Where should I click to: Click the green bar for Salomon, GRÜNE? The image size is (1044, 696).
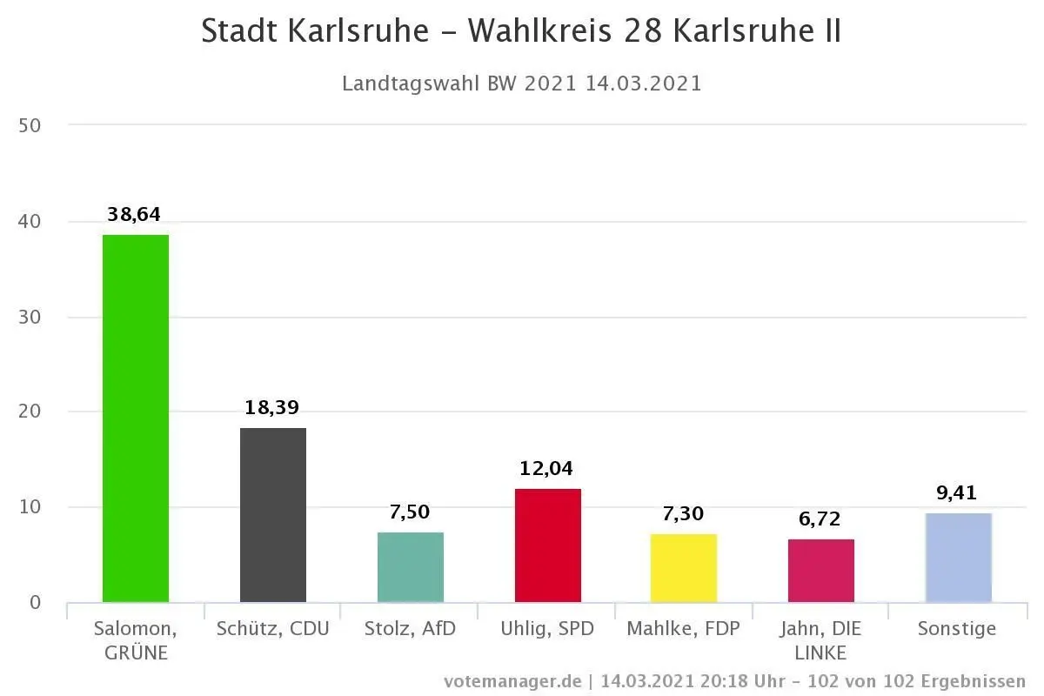coord(136,418)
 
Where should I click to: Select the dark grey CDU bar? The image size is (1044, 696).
coord(273,514)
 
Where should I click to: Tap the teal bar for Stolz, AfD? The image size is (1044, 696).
coord(411,566)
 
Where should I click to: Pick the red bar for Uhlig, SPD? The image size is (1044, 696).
coord(548,545)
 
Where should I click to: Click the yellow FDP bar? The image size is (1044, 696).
coord(684,567)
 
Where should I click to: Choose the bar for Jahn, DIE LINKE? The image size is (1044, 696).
coord(821,570)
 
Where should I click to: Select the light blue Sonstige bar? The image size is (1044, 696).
coord(959,557)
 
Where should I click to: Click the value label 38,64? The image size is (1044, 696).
coord(134,215)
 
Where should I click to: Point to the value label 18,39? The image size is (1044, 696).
coord(271,408)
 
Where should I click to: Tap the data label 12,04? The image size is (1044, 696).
coord(546,469)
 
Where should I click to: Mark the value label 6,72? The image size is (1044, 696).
coord(820,520)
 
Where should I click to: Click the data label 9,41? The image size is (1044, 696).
coord(957,493)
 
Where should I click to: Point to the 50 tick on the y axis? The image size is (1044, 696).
coord(30,125)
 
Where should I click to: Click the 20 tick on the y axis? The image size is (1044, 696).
coord(30,412)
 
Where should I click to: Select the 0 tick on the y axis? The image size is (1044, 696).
coord(35,602)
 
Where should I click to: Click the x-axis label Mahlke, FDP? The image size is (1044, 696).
coord(684,628)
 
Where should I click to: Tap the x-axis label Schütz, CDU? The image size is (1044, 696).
coord(273,628)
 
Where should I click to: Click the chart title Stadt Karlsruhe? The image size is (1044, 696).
coord(315,31)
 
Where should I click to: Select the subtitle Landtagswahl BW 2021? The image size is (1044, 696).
coord(458,84)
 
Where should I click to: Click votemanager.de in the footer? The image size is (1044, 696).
coord(512,681)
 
